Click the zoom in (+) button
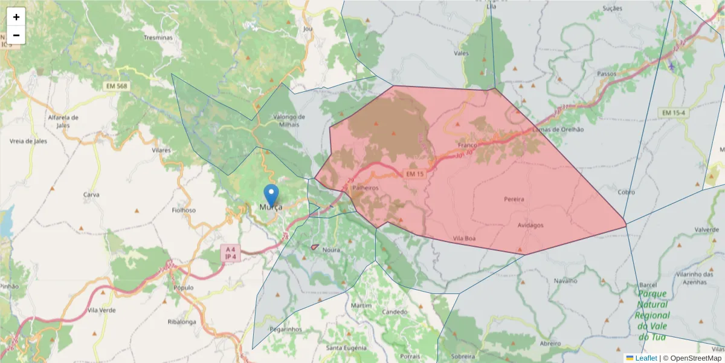click(16, 17)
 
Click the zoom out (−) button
click(16, 35)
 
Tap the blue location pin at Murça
click(272, 195)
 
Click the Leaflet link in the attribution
click(646, 358)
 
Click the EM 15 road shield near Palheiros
click(415, 174)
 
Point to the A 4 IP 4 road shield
click(230, 253)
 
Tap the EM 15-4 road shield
click(674, 113)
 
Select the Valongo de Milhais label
click(289, 120)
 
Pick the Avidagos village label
click(530, 225)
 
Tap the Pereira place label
click(514, 198)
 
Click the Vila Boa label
click(463, 238)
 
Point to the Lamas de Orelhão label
click(559, 129)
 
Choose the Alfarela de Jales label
click(63, 121)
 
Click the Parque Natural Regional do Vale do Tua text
click(652, 315)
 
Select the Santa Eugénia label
click(346, 348)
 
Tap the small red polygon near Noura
click(315, 247)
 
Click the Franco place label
click(468, 145)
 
